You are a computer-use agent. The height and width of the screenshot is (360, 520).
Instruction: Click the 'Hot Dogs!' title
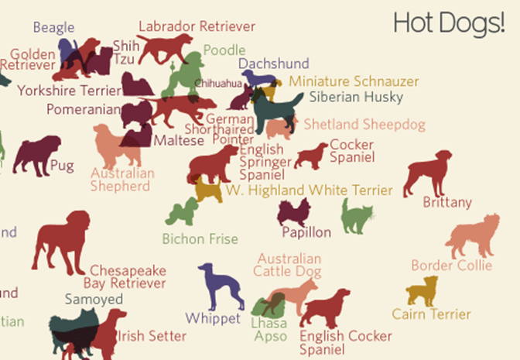tap(448, 23)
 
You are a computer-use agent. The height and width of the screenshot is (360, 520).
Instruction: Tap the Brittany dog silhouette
tap(428, 173)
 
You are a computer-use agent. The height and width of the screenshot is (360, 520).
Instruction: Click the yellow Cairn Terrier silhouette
tap(422, 292)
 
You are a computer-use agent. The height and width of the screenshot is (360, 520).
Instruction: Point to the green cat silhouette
tap(357, 217)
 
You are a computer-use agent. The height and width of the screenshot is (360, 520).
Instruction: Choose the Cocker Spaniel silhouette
tap(311, 155)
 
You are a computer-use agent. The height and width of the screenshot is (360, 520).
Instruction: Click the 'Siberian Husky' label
tap(356, 98)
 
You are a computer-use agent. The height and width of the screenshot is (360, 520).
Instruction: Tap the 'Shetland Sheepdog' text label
tap(364, 124)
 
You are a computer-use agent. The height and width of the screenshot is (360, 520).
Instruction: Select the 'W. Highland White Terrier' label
tap(309, 190)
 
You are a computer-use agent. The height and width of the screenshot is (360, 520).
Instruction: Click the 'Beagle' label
tap(54, 28)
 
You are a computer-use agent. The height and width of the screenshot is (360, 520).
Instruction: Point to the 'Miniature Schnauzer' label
tap(354, 81)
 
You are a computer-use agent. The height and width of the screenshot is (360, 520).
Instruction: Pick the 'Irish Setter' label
tap(152, 336)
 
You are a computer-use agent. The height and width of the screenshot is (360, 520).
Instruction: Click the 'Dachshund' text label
tap(273, 63)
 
